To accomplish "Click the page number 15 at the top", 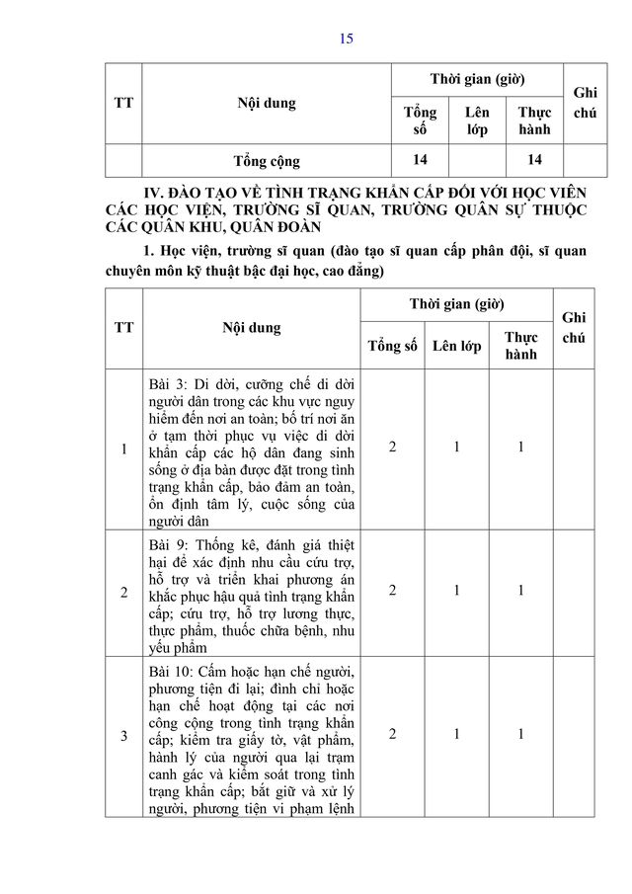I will (346, 40).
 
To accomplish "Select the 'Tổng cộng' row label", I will (266, 160).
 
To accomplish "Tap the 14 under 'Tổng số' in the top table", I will (421, 159).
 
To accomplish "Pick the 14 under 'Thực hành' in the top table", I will (535, 159).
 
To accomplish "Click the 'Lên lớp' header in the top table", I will (477, 121).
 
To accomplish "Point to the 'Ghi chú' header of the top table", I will (585, 102).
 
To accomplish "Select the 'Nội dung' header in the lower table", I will (251, 328).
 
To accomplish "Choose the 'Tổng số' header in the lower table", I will (392, 346).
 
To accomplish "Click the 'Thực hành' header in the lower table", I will (520, 346).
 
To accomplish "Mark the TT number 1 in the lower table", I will (123, 449).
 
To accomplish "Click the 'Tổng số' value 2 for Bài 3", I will (392, 447).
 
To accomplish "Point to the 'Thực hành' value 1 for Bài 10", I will (520, 735).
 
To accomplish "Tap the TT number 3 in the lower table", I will (123, 736).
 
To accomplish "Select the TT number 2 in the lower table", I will (123, 592).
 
